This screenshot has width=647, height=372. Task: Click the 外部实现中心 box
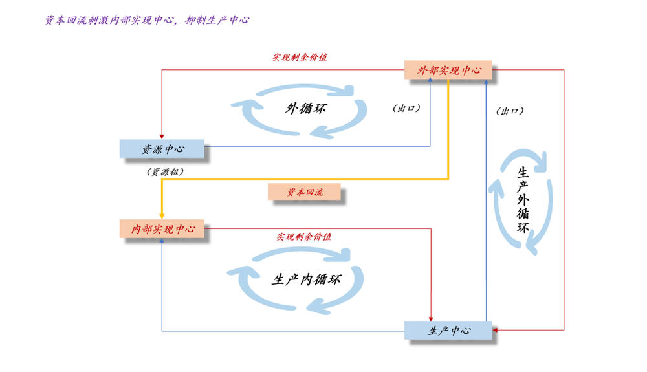point(448,70)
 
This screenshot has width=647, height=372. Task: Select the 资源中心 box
point(162,149)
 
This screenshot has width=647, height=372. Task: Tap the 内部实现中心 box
point(162,229)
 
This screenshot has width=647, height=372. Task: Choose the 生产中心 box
point(448,331)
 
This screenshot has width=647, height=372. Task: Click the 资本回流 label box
point(304,192)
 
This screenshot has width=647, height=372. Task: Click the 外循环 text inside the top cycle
point(305,108)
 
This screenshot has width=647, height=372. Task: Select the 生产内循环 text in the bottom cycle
point(305,279)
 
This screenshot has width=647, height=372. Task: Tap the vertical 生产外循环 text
point(523,201)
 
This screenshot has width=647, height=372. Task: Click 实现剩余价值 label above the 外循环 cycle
point(300,57)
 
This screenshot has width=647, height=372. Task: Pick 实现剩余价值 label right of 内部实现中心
point(304,237)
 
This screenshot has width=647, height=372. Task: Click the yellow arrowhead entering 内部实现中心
point(162,217)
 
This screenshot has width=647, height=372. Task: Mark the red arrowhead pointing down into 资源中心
point(162,136)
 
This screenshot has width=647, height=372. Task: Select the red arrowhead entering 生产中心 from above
point(431,318)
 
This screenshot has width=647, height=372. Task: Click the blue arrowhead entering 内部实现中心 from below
point(162,241)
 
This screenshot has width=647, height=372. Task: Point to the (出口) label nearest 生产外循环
point(510,111)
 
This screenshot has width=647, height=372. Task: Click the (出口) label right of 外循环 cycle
point(406,108)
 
